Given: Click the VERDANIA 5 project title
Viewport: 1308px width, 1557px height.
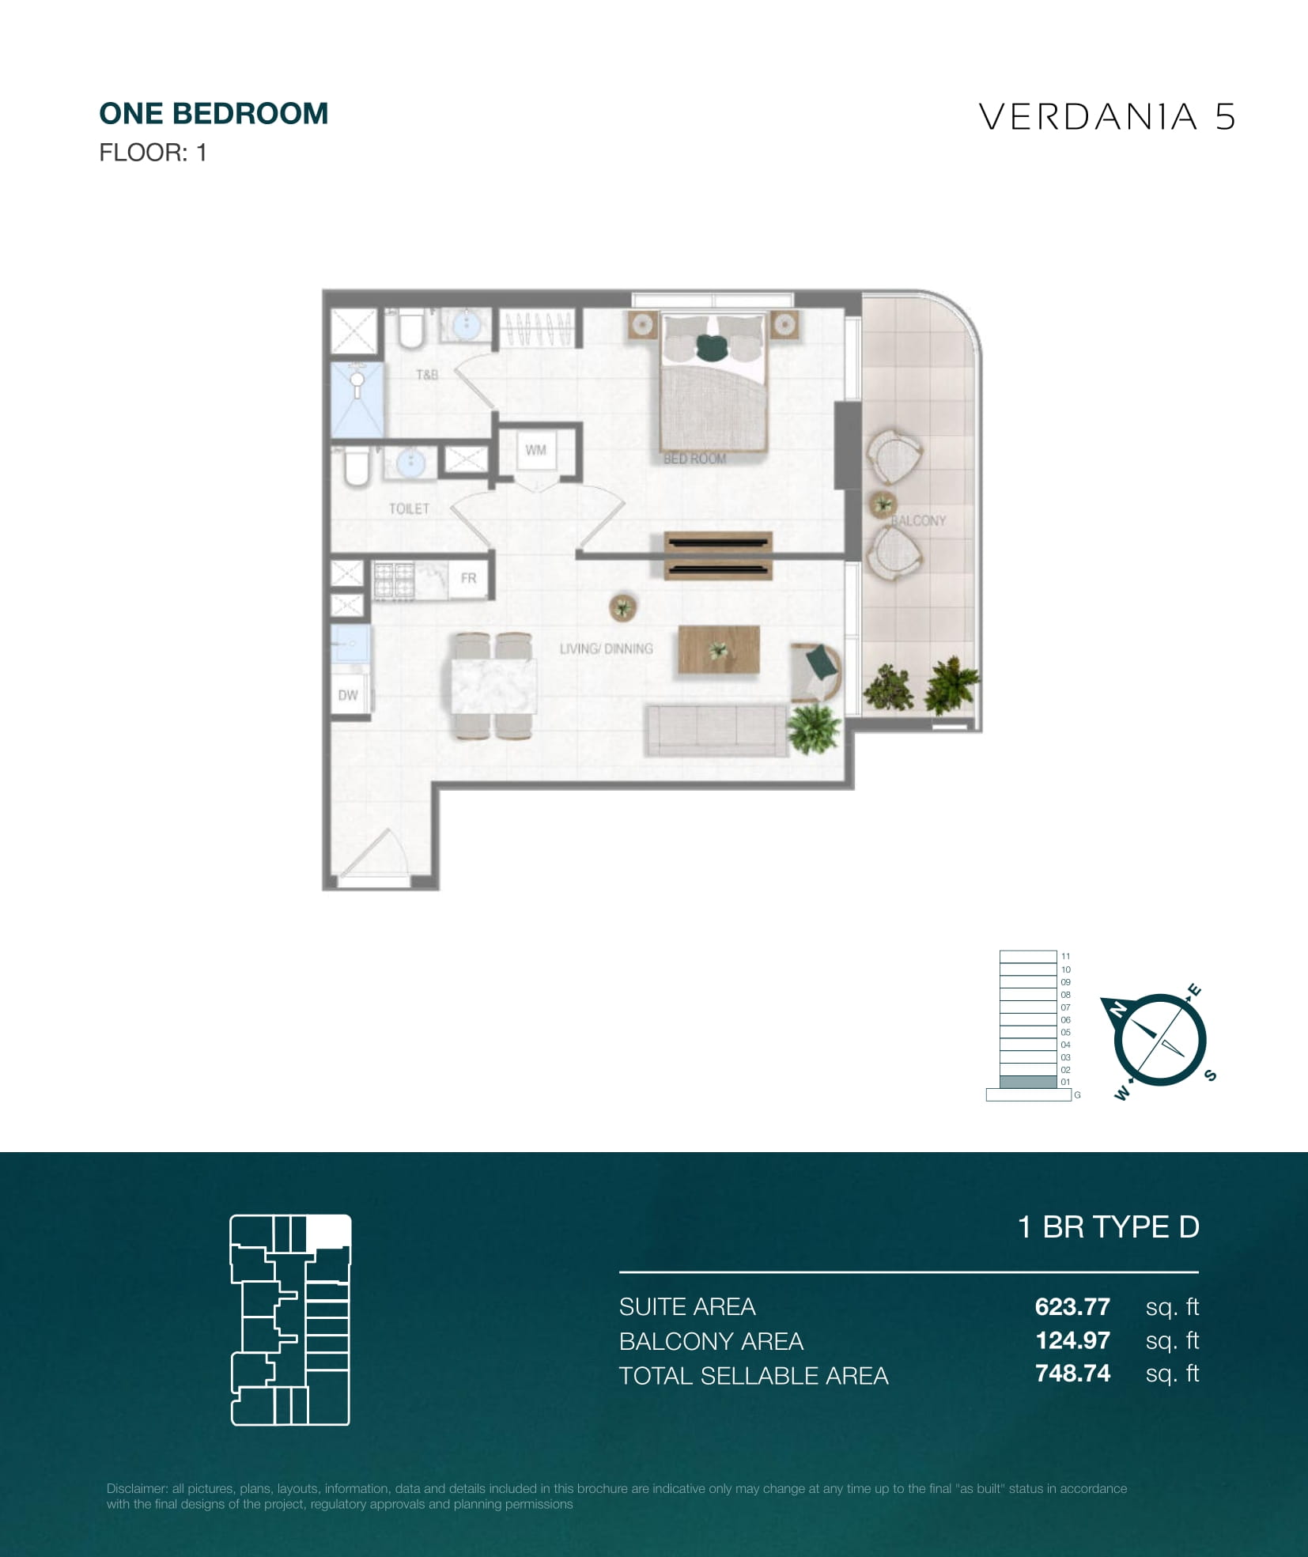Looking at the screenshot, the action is pyautogui.click(x=1106, y=117).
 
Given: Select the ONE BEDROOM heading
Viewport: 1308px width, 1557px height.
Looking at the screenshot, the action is pyautogui.click(x=214, y=114).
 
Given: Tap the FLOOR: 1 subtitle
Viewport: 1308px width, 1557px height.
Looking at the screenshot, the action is pyautogui.click(x=153, y=153).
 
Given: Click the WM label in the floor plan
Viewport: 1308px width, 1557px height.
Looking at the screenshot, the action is pyautogui.click(x=535, y=450).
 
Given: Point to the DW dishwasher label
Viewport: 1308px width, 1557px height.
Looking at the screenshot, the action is pyautogui.click(x=348, y=695).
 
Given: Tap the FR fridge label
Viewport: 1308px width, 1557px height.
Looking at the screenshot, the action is pyautogui.click(x=468, y=578).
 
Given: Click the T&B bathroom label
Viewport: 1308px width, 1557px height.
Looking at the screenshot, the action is pyautogui.click(x=427, y=374).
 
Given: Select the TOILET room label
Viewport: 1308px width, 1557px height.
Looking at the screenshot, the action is pyautogui.click(x=409, y=508).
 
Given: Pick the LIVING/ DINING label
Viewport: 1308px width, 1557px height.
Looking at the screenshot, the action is pyautogui.click(x=607, y=648).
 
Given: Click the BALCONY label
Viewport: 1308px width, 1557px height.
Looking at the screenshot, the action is pyautogui.click(x=919, y=520).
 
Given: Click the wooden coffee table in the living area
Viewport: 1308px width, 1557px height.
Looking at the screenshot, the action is pyautogui.click(x=719, y=651).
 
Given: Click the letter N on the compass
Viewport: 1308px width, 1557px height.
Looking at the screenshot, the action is pyautogui.click(x=1118, y=1009).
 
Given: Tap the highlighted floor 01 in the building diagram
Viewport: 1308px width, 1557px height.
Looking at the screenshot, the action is pyautogui.click(x=1028, y=1082).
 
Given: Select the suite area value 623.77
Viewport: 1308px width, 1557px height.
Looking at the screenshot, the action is pyautogui.click(x=1072, y=1306).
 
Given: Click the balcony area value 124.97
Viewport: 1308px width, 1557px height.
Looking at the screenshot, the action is pyautogui.click(x=1072, y=1340).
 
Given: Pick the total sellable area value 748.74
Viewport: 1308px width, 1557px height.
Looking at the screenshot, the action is pyautogui.click(x=1072, y=1374).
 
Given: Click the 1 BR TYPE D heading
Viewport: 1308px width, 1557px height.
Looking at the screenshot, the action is pyautogui.click(x=1109, y=1227).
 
